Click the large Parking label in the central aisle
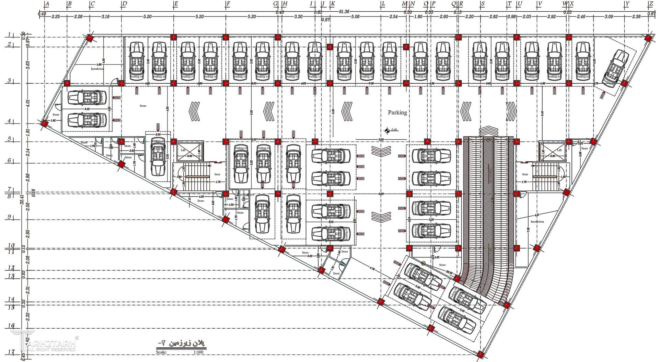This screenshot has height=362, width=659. [397, 112]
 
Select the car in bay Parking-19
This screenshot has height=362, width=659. [137, 60]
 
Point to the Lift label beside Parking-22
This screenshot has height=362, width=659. [183, 150]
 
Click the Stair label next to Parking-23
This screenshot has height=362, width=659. [217, 174]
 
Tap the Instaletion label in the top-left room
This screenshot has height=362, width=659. [97, 69]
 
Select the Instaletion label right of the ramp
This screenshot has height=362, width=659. [537, 222]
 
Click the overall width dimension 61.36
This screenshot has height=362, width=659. [344, 12]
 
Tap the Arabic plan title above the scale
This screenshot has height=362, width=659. [182, 343]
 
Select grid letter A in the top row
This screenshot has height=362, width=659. [47, 4]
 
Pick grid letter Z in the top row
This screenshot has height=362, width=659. [650, 4]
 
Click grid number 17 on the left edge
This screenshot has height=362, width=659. [11, 352]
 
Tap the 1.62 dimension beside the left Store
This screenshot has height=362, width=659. [53, 121]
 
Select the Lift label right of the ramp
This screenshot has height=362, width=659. [559, 150]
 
